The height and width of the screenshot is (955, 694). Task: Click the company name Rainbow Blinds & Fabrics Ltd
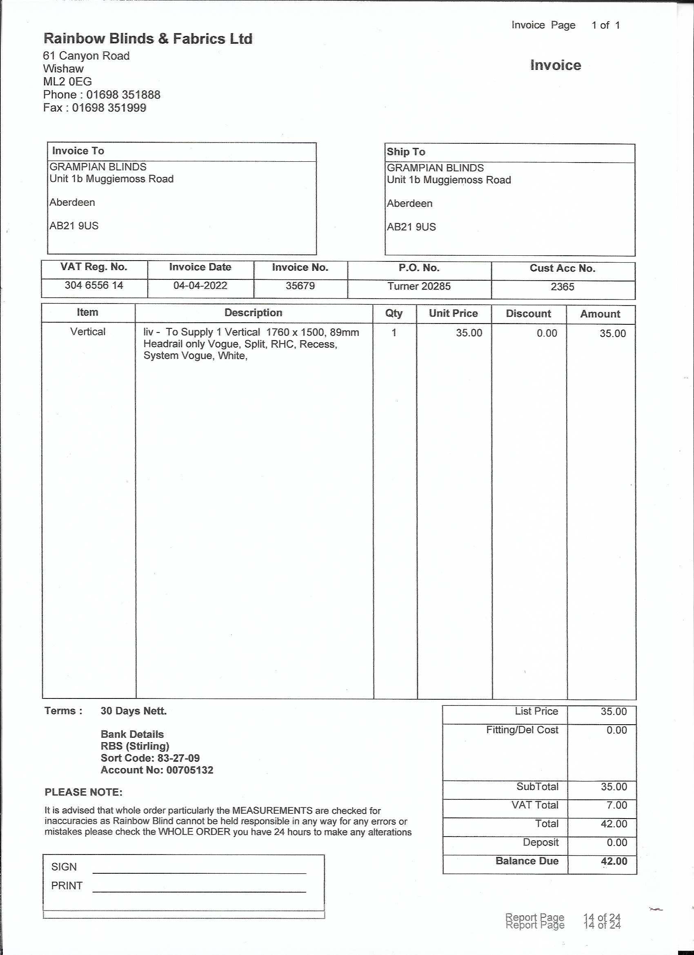(x=148, y=39)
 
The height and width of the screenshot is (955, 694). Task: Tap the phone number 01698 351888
(x=123, y=95)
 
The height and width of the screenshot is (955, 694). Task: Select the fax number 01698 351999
(x=109, y=108)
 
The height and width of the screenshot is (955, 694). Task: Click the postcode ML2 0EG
(x=67, y=82)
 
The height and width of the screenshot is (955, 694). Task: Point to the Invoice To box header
(x=78, y=151)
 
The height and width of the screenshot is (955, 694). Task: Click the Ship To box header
(x=406, y=152)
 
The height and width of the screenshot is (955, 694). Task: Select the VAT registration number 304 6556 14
(x=94, y=286)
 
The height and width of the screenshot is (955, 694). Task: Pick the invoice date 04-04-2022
(x=200, y=286)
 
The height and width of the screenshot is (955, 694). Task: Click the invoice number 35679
(x=300, y=286)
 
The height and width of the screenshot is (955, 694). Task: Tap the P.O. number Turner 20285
(x=419, y=287)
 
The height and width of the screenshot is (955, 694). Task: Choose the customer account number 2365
(x=562, y=287)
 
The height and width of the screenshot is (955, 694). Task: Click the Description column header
(x=253, y=313)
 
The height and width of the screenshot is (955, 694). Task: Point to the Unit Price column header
(x=453, y=314)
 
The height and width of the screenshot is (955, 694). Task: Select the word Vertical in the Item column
(x=88, y=332)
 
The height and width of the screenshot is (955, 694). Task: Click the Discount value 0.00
(x=547, y=333)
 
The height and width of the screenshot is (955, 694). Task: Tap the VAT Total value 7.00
(x=616, y=806)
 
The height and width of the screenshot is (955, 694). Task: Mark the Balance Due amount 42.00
(x=614, y=861)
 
